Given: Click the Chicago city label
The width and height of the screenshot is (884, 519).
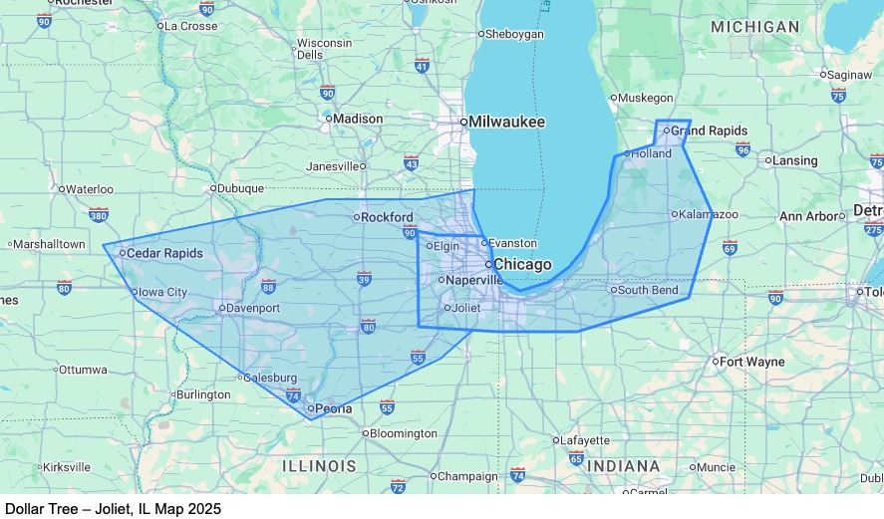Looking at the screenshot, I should pos(522,264).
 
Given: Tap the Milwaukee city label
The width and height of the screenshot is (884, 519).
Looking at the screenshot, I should pos(506,122).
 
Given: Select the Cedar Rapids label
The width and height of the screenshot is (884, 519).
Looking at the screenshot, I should pos(164,253).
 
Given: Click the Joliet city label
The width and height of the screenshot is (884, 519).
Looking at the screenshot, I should pos(465,307).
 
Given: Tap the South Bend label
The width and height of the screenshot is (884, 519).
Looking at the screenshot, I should pos(648,290).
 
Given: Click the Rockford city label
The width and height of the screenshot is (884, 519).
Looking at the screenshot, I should pos(387,217).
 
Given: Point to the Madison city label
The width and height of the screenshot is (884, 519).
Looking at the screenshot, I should pos(358,119).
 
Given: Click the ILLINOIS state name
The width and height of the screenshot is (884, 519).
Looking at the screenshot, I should pos(319,466).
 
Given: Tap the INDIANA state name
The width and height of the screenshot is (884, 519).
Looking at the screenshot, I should pos(623,466).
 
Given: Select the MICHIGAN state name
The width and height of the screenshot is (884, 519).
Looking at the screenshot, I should pos(754,27).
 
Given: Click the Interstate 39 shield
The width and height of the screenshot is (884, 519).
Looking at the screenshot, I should pos(365,279).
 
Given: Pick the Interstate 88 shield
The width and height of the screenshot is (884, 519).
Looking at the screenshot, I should pos(268,287).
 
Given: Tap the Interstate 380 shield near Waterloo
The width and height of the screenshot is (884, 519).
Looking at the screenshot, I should pos(98,214).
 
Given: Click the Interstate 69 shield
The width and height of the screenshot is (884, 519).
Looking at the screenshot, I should pos(730,248).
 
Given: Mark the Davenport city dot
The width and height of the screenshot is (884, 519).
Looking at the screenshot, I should pos(221,308).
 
